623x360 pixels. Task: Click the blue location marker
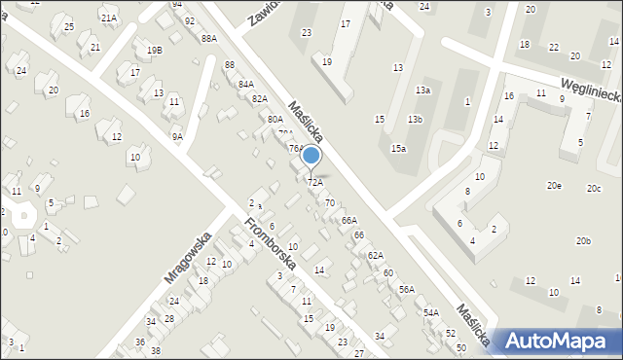tap(311, 156)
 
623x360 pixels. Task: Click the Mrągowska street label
tap(188, 257)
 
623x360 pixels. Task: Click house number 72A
tap(314, 182)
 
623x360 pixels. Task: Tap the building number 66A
tap(348, 221)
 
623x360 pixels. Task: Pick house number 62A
tap(376, 255)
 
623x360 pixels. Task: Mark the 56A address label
tap(406, 289)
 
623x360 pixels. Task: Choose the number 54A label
tap(430, 312)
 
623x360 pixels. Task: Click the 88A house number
tap(208, 39)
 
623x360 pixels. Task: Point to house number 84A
tap(245, 85)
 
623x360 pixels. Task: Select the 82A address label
tap(259, 99)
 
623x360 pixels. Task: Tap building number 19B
tap(154, 50)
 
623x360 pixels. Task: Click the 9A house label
tap(177, 137)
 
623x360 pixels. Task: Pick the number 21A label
tap(108, 18)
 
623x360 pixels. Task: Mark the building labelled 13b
tap(415, 119)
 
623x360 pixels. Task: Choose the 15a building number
tap(398, 148)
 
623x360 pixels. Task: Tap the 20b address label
tap(583, 240)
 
